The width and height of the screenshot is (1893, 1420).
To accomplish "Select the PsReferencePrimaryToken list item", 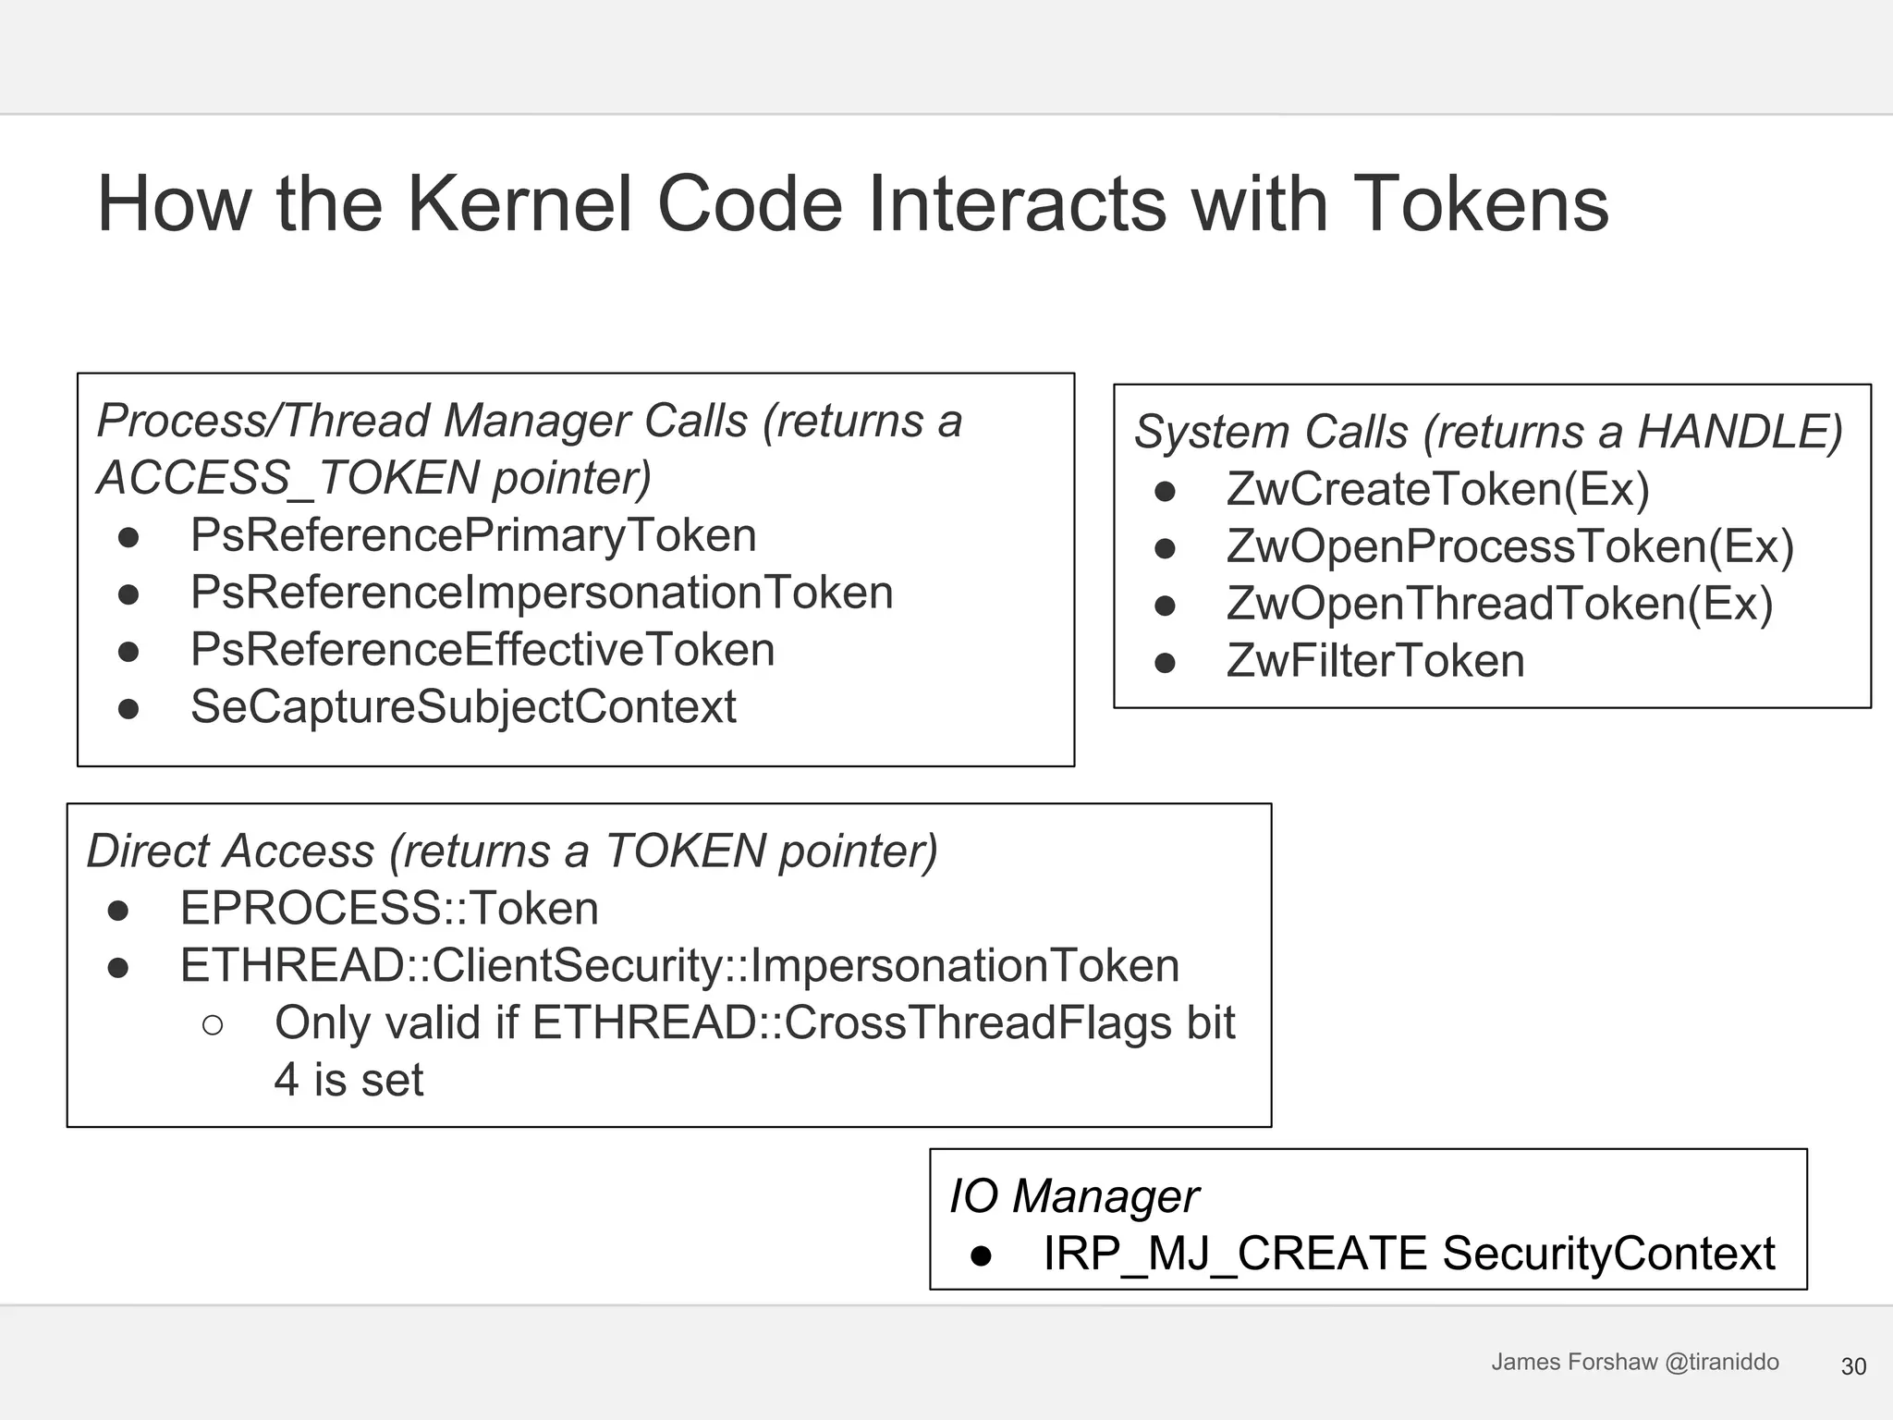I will click(473, 535).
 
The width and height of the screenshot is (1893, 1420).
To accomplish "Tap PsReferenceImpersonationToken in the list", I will click(542, 593).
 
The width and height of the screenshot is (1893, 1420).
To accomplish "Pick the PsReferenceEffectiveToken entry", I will click(482, 650).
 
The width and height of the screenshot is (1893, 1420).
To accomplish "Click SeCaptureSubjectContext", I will click(463, 707).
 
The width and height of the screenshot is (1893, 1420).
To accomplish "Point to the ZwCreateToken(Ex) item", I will click(1437, 489).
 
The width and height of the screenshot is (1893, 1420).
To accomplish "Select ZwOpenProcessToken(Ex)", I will click(1510, 546).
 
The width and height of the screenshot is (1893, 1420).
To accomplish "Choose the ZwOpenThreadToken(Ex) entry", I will click(1499, 604).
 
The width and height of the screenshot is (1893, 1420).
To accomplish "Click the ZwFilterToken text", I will click(1375, 661).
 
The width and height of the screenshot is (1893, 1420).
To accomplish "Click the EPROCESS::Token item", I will click(389, 908).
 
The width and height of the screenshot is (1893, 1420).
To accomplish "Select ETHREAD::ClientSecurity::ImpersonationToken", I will click(679, 965).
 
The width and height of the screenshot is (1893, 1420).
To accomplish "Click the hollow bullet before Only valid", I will click(213, 1024).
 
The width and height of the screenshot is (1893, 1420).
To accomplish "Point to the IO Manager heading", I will click(1074, 1196).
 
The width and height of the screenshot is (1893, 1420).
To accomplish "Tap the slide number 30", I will click(1853, 1366).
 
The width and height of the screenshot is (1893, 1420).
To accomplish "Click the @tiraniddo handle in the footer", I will click(1721, 1362).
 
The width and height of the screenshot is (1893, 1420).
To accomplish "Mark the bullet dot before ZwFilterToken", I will click(1165, 663).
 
